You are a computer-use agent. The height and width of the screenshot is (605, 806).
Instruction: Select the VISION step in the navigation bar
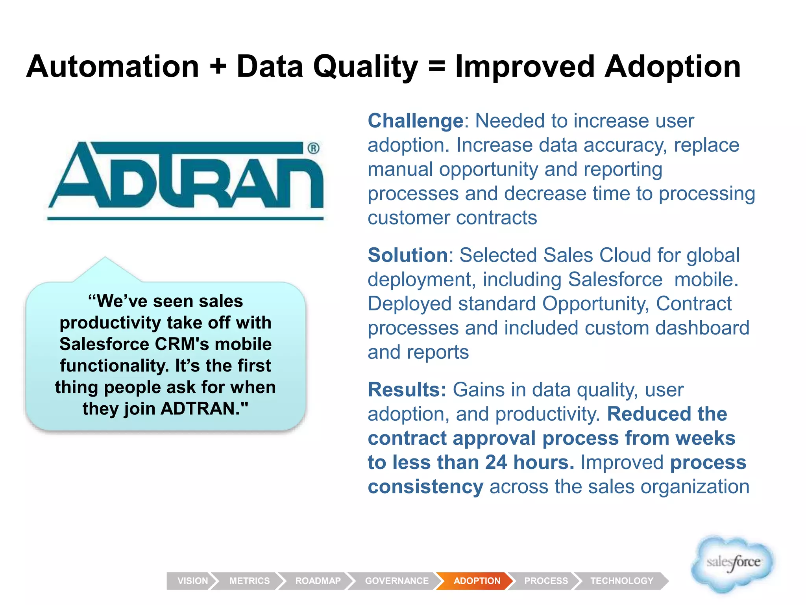[x=192, y=581]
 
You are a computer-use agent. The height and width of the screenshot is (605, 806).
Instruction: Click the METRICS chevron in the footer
[x=250, y=581]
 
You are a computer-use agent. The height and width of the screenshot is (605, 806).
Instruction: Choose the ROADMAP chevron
[x=318, y=581]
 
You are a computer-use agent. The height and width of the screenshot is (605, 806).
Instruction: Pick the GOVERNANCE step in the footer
[x=396, y=581]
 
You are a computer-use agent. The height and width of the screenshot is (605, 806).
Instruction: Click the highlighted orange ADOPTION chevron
[x=477, y=581]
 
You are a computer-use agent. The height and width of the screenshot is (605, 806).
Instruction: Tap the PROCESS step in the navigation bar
[x=546, y=581]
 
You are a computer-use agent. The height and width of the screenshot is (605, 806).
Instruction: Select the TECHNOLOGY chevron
[x=621, y=581]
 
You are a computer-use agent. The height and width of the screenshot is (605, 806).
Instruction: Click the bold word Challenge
[x=415, y=121]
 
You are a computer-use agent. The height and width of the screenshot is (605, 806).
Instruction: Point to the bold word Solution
[x=408, y=255]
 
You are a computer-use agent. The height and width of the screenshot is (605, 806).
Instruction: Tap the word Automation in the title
[x=113, y=67]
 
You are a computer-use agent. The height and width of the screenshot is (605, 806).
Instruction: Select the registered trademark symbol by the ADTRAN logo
[x=313, y=148]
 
